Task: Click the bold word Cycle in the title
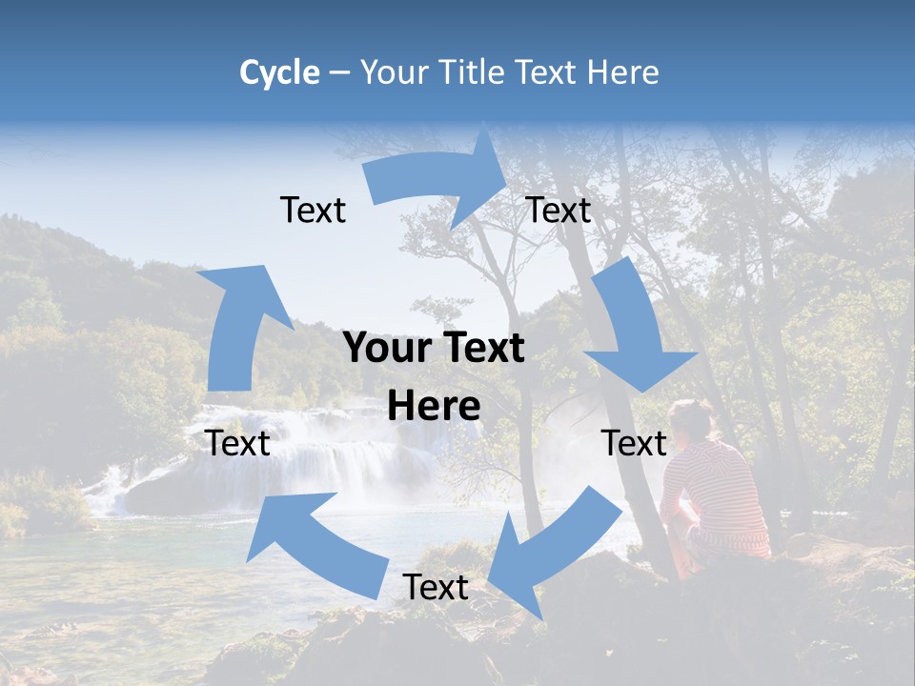click(x=279, y=72)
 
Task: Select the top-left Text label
click(x=313, y=210)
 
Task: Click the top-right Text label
click(x=559, y=210)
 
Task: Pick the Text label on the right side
click(x=634, y=443)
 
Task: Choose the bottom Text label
click(x=436, y=588)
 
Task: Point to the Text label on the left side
click(x=237, y=443)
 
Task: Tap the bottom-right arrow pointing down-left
click(x=553, y=553)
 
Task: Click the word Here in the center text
click(x=434, y=407)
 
